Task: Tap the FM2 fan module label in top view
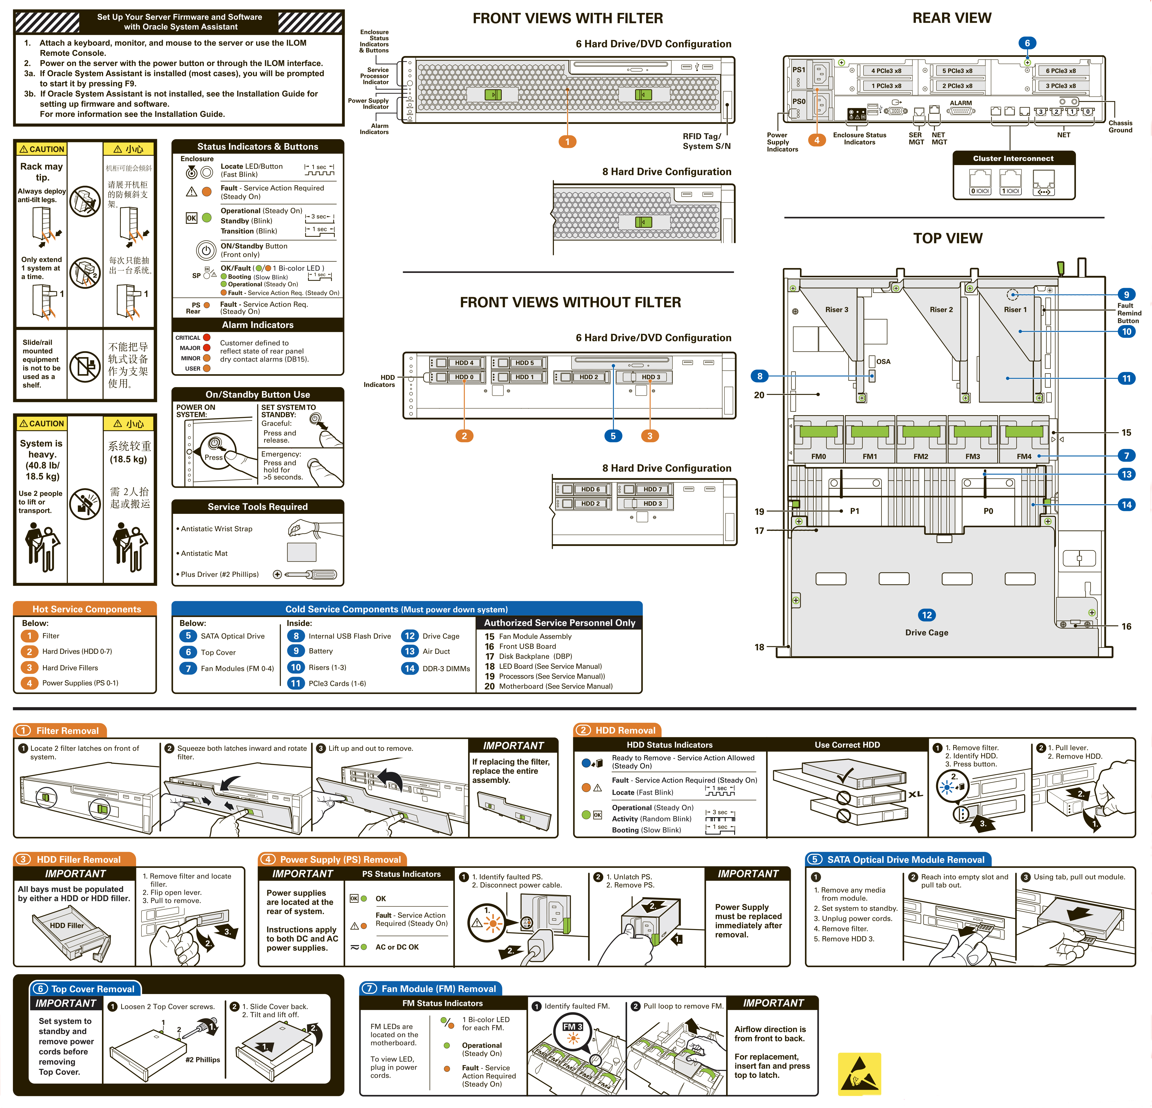[921, 456]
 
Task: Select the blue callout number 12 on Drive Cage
[926, 615]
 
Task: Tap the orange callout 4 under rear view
[816, 140]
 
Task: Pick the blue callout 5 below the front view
[613, 436]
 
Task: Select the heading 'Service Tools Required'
[257, 507]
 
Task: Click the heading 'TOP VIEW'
[947, 238]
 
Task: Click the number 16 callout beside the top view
[1126, 626]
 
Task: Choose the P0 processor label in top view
[988, 511]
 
